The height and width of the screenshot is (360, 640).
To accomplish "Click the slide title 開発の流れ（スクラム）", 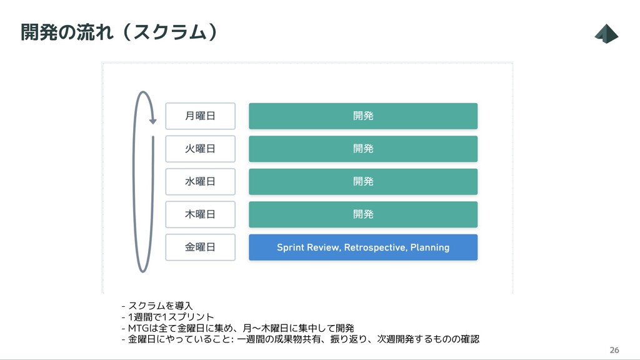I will (119, 32).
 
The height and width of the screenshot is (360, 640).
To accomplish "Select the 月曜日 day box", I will (200, 116).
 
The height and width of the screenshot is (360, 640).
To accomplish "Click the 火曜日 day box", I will (200, 149).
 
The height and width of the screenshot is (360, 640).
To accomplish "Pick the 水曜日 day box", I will (200, 181).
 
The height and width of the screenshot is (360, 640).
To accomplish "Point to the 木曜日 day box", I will (200, 214).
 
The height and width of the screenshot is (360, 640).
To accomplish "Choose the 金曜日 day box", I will (200, 247).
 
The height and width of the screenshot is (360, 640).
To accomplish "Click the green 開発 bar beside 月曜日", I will (363, 116).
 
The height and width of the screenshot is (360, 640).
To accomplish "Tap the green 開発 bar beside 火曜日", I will (363, 149).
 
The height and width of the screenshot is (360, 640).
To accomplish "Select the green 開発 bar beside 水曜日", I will (363, 181).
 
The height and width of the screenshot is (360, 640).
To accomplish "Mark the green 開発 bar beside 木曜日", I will (363, 214).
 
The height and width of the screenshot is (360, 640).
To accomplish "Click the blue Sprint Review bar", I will (363, 247).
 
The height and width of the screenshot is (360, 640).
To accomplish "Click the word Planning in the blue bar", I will (429, 247).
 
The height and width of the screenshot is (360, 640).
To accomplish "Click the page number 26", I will (614, 349).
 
